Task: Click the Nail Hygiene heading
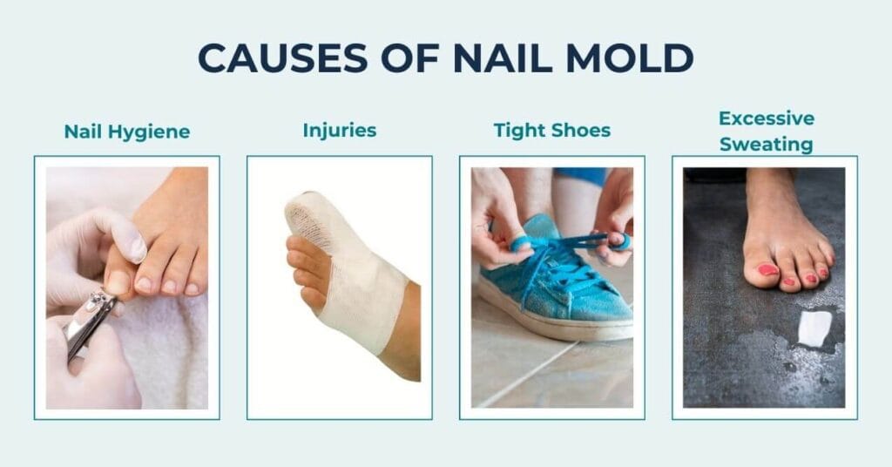[x=127, y=132]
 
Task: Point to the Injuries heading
[x=340, y=131]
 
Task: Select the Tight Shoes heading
[x=552, y=132]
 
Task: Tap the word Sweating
[x=766, y=143]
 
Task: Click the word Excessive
[x=766, y=118]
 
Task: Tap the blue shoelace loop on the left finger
[x=520, y=243]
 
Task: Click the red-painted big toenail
[x=767, y=269]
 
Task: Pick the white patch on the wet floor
[x=814, y=328]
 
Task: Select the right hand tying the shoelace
[x=614, y=218]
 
